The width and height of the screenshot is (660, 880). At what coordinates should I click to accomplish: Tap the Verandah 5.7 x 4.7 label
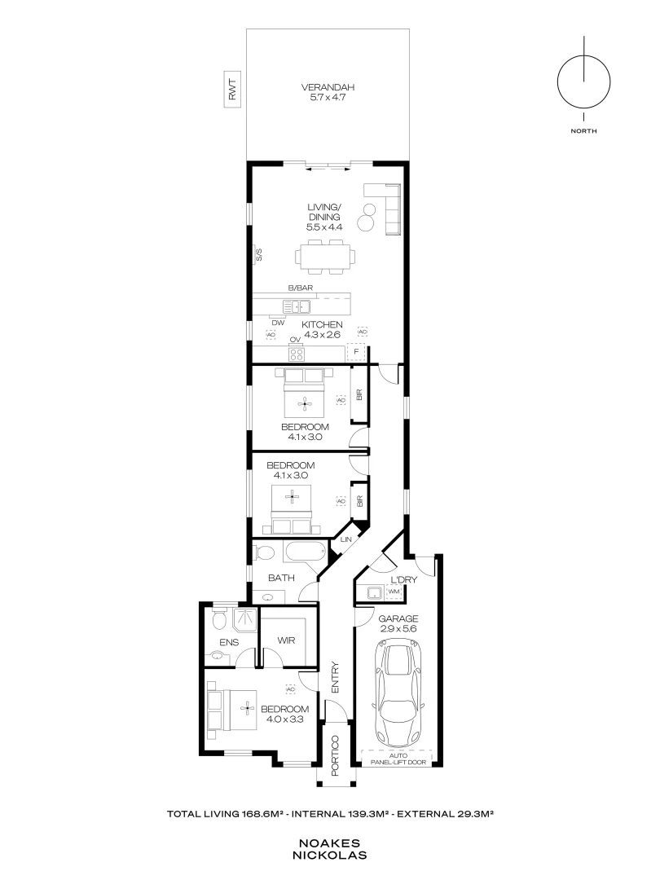[x=328, y=92]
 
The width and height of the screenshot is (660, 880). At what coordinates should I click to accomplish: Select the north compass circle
[x=583, y=82]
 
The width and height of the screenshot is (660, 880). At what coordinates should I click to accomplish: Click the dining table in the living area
[x=328, y=257]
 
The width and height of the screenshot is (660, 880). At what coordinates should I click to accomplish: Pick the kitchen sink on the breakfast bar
[x=297, y=306]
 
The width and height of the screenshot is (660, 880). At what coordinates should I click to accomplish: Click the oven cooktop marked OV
[x=297, y=353]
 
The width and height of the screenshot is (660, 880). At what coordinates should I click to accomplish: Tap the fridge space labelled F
[x=356, y=353]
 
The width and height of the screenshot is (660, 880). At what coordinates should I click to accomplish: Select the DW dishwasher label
[x=278, y=323]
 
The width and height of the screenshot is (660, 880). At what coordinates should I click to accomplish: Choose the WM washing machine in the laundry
[x=394, y=592]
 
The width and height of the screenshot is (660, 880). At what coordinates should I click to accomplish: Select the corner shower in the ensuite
[x=244, y=622]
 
